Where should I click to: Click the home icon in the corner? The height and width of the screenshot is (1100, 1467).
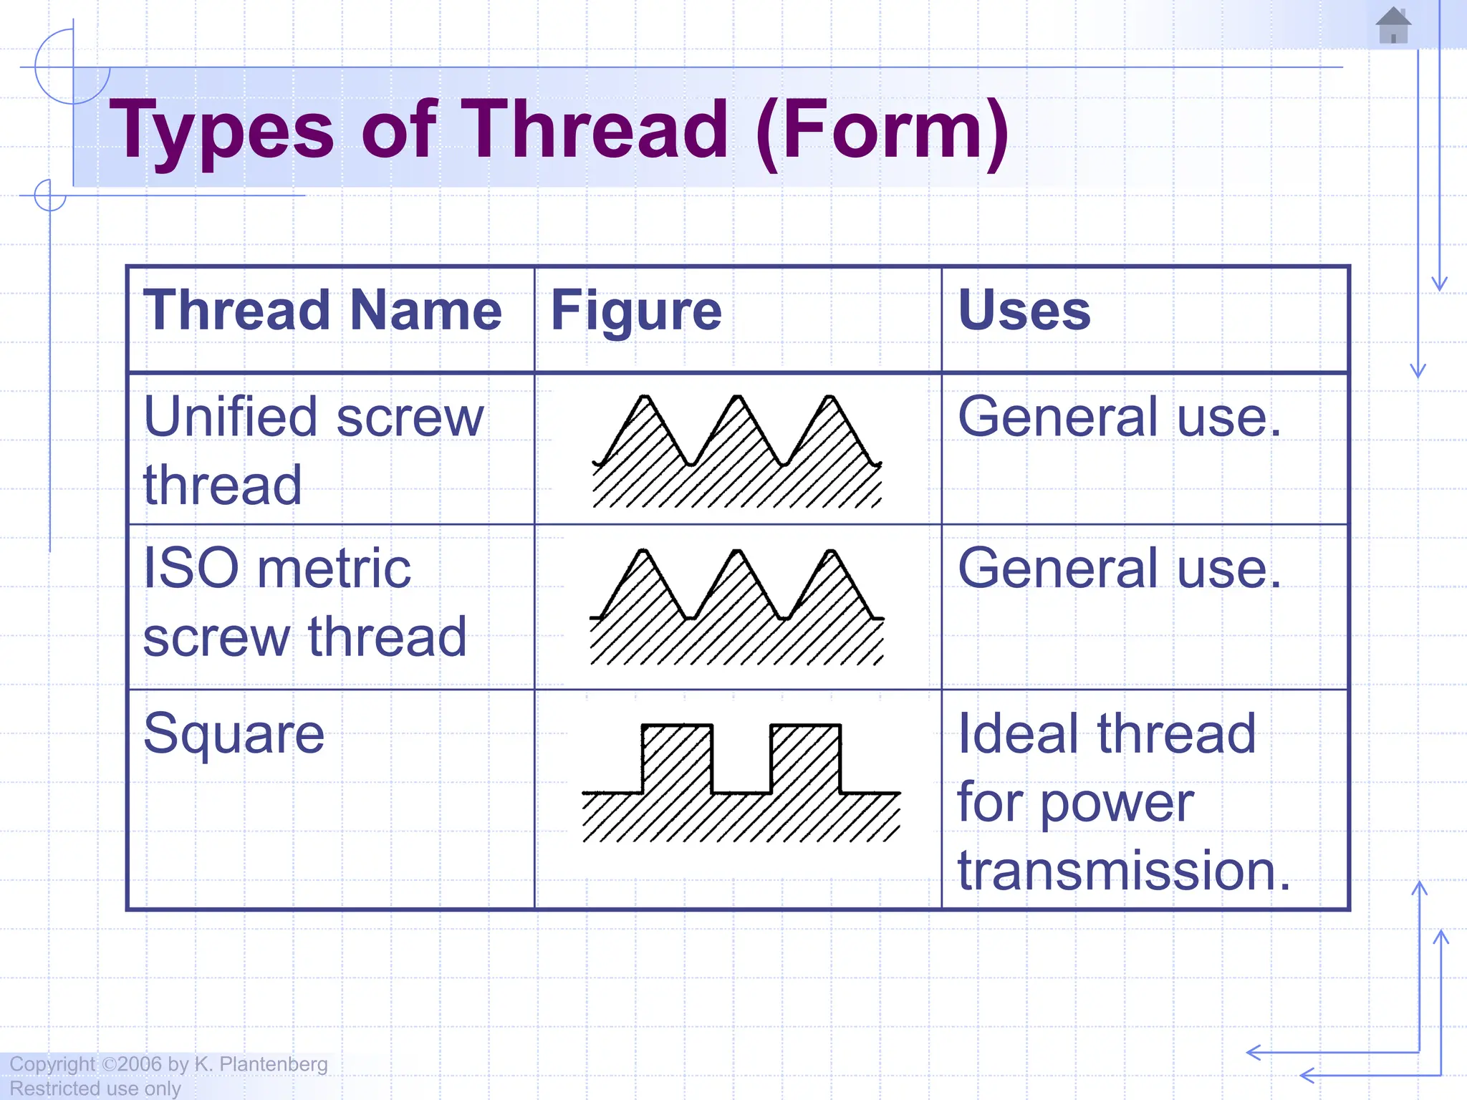[x=1393, y=26]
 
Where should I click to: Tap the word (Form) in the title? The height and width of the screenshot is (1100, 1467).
[x=882, y=132]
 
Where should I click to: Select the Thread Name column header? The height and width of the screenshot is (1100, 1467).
[x=322, y=311]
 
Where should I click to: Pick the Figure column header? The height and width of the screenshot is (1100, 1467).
[x=636, y=311]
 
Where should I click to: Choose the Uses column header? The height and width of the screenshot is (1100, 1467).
[x=1024, y=311]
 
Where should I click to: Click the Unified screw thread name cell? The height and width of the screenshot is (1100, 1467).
[x=313, y=450]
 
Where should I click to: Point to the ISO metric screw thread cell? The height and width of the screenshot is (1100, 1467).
[x=304, y=602]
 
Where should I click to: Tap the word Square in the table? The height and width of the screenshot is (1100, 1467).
[x=234, y=733]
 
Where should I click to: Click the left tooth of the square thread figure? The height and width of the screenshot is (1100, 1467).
[x=677, y=759]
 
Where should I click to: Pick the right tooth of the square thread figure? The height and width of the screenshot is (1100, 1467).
[x=805, y=759]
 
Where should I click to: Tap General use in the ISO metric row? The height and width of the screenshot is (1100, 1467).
[x=1119, y=569]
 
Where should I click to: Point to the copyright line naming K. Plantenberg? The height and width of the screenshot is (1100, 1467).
[x=169, y=1064]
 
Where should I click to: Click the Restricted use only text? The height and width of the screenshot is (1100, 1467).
[x=95, y=1089]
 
